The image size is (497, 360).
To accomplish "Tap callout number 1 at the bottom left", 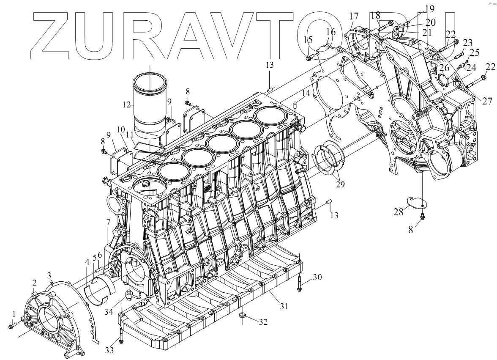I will tap(14, 314).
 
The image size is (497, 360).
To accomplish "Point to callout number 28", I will tap(398, 211).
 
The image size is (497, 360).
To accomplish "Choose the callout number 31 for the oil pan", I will tap(284, 306).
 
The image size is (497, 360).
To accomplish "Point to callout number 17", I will tap(354, 16).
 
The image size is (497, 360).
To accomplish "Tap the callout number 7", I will tap(108, 222).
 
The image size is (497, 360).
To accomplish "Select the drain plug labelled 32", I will tap(242, 315).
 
